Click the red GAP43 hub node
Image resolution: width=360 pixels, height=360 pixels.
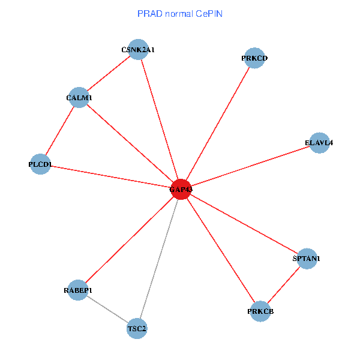pos(181,190)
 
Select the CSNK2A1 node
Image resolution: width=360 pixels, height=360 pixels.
pos(138,50)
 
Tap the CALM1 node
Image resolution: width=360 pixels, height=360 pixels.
pos(79,97)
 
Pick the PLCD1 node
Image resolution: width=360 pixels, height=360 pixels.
pos(40,164)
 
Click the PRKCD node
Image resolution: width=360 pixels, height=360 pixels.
pos(254,58)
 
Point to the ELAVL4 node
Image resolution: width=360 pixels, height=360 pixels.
pos(319,143)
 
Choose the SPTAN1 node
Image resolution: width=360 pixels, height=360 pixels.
pos(307,259)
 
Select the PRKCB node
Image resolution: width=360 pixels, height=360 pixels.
pos(260,311)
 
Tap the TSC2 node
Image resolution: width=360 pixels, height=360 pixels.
pos(137,329)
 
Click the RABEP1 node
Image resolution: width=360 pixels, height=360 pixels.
pos(78,290)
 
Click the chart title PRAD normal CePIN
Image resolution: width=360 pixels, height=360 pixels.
pos(180,13)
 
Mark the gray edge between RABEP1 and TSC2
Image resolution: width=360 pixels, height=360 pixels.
pos(108,310)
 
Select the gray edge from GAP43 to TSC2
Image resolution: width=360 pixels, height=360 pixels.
pos(159,259)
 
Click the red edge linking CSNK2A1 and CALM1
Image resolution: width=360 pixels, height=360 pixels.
pos(109,73)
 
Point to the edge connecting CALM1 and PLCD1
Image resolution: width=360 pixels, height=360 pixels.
pos(60,130)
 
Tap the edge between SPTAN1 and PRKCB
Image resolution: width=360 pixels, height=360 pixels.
pos(283,285)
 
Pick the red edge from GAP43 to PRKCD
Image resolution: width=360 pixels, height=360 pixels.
pos(217,124)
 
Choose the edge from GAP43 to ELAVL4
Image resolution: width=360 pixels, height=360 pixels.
pos(250,166)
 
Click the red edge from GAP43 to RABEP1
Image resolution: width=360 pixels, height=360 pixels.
pos(129,240)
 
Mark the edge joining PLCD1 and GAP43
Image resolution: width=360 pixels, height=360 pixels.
pos(110,176)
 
